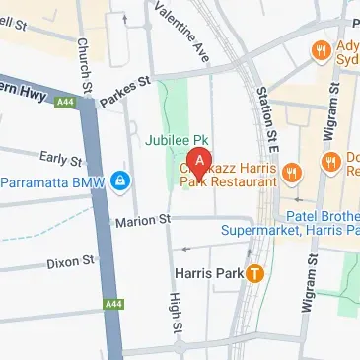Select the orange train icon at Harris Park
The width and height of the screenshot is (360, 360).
255,273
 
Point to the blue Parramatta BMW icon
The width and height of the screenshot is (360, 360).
119,181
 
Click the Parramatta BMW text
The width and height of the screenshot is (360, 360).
53,181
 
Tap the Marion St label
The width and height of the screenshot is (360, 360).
143,220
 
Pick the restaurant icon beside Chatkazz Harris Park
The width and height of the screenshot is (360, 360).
290,174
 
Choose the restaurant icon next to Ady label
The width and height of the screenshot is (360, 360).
320,48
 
